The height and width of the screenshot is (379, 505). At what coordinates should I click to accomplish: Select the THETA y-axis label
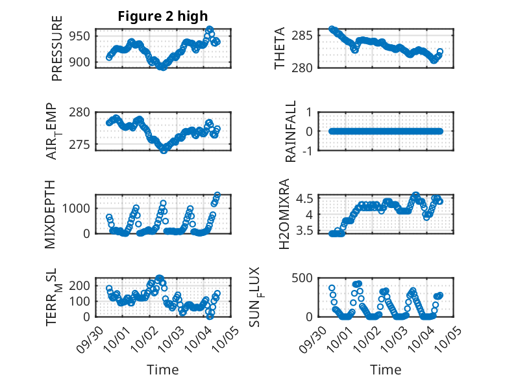coord(280,48)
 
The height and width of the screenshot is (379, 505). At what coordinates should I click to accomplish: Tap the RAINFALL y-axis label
coord(291,131)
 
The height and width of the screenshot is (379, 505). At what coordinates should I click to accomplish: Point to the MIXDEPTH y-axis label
coord(51,213)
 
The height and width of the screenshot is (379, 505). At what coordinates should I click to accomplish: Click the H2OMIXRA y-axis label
coord(284,213)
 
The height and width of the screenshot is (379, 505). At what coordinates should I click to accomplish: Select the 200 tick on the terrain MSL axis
coord(82,285)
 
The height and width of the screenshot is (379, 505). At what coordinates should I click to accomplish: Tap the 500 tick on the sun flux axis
coord(308,278)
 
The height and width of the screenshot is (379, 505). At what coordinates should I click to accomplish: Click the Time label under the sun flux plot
coord(386,369)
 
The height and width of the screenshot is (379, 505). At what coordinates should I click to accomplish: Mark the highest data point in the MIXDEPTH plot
coord(217,195)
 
